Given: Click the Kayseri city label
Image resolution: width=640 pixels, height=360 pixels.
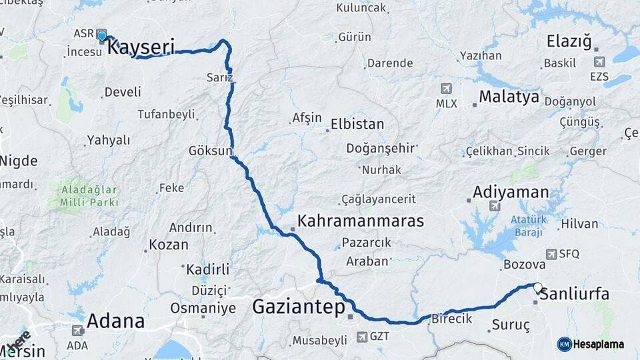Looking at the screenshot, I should click(141, 47).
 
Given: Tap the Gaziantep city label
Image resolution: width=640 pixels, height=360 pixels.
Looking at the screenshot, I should click(299, 307).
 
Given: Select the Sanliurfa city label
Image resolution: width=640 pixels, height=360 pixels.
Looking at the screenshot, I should click(575, 293).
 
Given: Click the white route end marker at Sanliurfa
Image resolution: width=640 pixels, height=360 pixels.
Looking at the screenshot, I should click(537, 287).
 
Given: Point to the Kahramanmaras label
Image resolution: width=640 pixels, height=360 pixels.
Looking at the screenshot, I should click(360, 221).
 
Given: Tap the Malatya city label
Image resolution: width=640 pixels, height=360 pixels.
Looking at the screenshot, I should click(509, 97).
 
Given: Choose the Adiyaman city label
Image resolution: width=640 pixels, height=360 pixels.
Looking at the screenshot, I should click(511, 193).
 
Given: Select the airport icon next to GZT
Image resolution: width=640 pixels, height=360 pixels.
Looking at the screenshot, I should click(361, 337).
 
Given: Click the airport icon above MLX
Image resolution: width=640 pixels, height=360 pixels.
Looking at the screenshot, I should click(445, 88).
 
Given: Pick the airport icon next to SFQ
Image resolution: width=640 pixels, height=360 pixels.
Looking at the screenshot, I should click(551, 254).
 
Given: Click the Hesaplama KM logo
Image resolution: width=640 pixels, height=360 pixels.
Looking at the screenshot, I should click(591, 344).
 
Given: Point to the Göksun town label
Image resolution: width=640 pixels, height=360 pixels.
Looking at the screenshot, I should click(210, 149).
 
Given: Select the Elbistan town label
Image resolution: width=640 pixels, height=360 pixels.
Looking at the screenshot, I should click(357, 124).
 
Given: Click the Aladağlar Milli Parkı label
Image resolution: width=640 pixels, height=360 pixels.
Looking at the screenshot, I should click(89, 195).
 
